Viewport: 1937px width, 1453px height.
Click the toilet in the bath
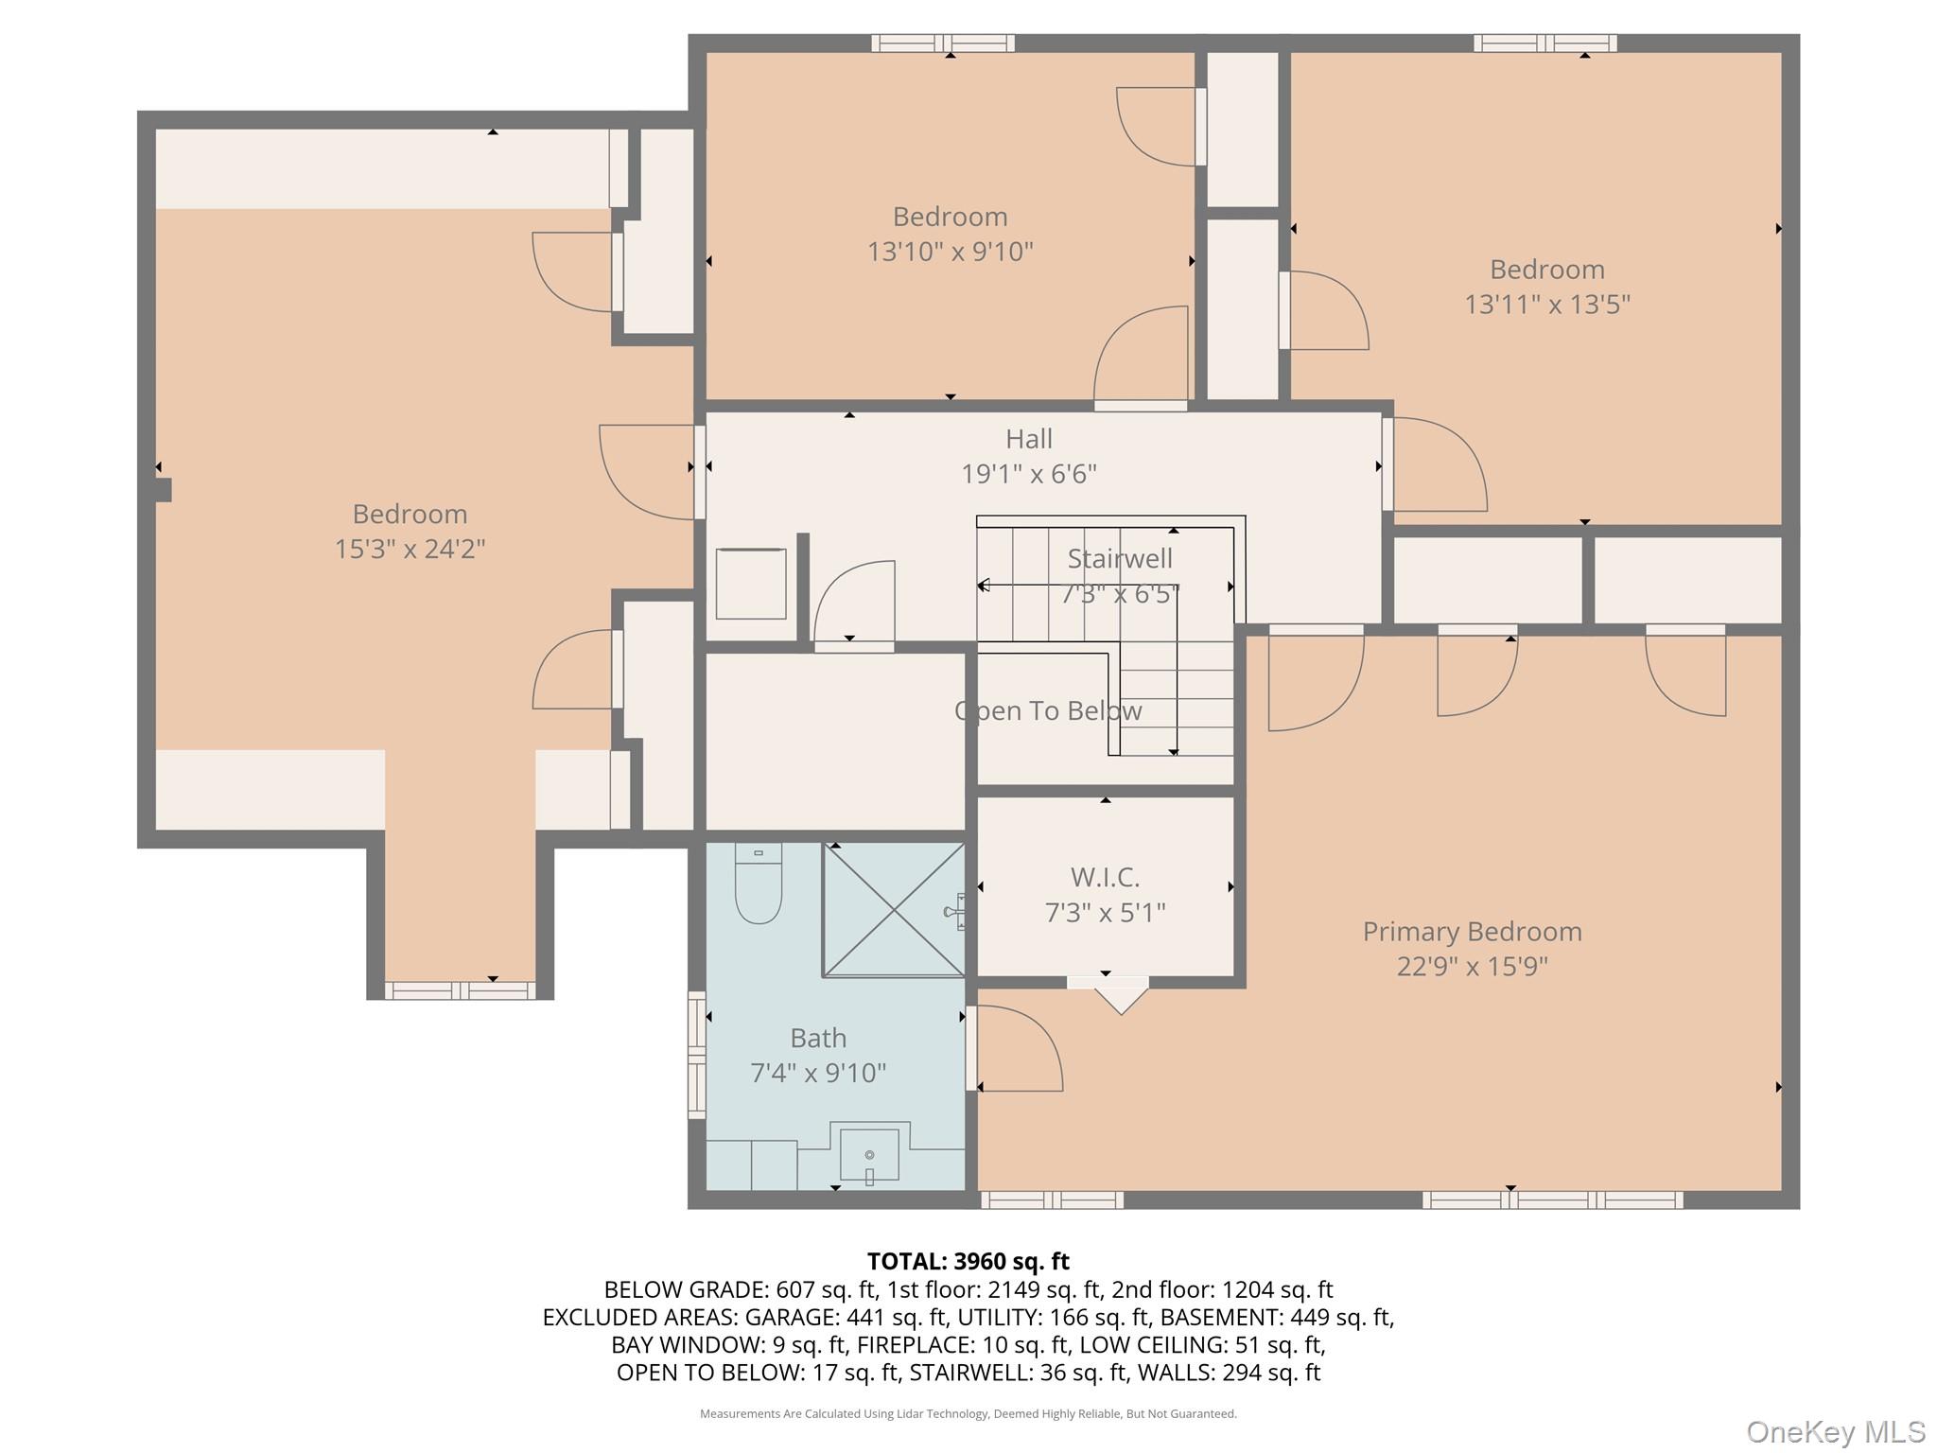(759, 884)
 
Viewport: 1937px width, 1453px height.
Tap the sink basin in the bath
(869, 1155)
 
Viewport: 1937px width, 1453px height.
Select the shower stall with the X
(894, 910)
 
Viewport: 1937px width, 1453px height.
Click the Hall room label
(1029, 439)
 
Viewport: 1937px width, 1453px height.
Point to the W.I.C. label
(1105, 878)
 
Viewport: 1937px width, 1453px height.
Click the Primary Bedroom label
(1472, 932)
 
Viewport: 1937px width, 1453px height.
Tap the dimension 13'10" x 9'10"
(951, 252)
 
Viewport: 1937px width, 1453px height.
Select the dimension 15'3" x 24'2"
(410, 549)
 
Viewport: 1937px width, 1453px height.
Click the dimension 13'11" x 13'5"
(1547, 305)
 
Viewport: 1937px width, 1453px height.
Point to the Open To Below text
(1048, 711)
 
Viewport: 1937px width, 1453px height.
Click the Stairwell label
(1120, 559)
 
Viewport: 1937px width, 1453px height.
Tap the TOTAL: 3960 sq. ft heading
(968, 1261)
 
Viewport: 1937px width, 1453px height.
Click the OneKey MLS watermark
(1836, 1431)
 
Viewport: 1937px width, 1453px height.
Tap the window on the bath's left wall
(697, 1055)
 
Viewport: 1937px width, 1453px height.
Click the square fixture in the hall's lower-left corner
(751, 584)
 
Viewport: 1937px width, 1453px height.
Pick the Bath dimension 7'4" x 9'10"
(818, 1073)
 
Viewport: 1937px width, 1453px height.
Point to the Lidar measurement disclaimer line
(968, 1413)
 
